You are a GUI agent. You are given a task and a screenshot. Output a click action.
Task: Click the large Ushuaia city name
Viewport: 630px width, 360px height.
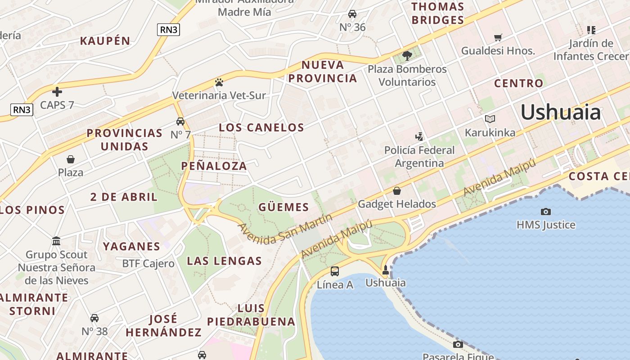point(560,112)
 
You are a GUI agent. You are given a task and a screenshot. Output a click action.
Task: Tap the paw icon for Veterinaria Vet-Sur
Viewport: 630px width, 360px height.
point(219,82)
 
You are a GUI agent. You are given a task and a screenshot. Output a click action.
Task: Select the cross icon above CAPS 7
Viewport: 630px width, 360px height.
point(57,92)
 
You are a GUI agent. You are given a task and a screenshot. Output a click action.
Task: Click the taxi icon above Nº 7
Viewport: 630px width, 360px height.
point(180,121)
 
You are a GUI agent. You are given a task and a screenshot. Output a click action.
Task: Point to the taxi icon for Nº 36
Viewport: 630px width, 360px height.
point(352,14)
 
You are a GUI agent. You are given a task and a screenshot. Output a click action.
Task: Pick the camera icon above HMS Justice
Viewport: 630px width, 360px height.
point(546,211)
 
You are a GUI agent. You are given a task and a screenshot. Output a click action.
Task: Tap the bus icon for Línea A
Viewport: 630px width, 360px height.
point(335,271)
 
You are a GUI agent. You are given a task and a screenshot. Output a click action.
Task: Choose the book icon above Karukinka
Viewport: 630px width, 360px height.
point(490,119)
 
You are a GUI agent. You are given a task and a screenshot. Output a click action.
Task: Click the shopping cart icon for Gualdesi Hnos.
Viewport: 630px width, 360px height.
point(498,37)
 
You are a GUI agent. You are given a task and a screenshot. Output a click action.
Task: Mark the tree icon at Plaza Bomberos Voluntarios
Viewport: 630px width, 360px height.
point(407,56)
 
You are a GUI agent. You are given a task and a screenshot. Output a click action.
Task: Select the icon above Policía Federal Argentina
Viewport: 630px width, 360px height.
point(419,136)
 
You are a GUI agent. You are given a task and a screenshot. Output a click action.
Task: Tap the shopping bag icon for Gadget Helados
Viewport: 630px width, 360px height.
point(397,191)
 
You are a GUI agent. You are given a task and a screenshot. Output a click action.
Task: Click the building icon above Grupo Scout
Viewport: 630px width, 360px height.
point(56,241)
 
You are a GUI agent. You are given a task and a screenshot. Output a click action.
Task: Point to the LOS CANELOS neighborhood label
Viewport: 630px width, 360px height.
point(261,127)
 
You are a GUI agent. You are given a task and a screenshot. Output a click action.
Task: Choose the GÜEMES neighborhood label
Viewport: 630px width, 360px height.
point(283,207)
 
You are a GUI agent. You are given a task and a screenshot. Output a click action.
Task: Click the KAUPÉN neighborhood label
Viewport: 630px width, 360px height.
point(105,41)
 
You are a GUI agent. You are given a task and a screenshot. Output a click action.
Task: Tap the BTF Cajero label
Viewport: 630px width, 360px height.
point(148,264)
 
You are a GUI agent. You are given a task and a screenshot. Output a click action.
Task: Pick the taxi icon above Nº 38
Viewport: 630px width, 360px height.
point(94,318)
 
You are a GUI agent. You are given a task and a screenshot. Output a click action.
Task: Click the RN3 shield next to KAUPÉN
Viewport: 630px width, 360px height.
point(169,30)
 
